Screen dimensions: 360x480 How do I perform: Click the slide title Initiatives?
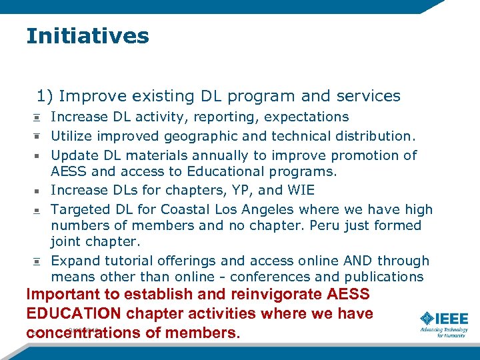tap(87, 36)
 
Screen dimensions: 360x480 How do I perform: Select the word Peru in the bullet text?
tap(327, 225)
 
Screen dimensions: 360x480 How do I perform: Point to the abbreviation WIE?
tap(299, 191)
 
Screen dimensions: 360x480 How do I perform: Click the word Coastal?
tap(164, 209)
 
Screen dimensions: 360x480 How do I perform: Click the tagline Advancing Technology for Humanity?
tap(443, 332)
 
